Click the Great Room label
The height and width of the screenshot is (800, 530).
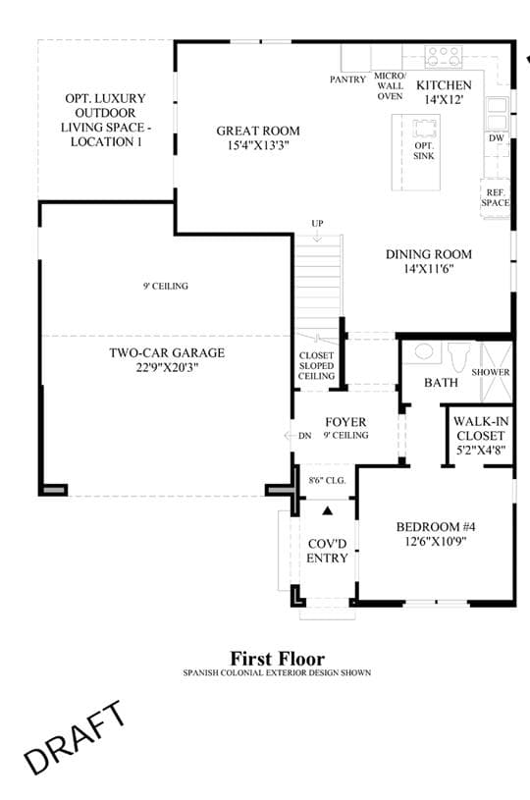[x=258, y=137]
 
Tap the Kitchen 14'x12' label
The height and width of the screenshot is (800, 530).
[x=444, y=92]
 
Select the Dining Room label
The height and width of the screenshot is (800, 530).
[x=429, y=261]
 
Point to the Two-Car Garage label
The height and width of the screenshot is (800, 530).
[x=167, y=359]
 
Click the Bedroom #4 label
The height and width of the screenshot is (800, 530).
[x=436, y=534]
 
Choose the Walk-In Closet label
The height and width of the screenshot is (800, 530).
[x=481, y=436]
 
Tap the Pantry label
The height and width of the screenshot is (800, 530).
[x=347, y=80]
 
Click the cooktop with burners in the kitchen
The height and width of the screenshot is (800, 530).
[x=444, y=57]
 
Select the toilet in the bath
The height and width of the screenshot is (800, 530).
[x=458, y=356]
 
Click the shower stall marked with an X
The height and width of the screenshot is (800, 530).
[x=497, y=372]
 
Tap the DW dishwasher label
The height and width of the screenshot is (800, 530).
[x=497, y=137]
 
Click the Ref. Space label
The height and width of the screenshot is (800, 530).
[x=496, y=198]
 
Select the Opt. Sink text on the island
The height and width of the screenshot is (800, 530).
[x=424, y=151]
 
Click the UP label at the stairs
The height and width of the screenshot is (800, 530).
[x=317, y=224]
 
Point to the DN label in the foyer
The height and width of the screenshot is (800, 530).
[x=304, y=436]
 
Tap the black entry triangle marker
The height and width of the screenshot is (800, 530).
[x=328, y=510]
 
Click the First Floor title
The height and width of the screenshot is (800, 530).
[x=277, y=659]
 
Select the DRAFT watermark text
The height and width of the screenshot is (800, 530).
[x=75, y=738]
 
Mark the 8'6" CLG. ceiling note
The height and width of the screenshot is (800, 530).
[x=327, y=481]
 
